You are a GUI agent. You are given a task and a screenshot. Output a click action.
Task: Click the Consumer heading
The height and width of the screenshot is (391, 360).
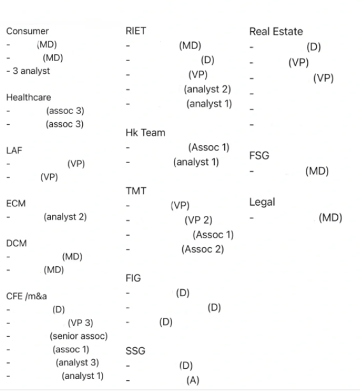pos(27,31)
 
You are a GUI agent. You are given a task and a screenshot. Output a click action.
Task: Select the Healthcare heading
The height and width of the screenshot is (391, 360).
pos(29,97)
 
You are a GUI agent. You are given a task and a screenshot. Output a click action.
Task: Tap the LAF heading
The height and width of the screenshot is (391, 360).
pos(14,150)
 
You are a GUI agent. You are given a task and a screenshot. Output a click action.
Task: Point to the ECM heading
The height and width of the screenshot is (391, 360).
pos(16,203)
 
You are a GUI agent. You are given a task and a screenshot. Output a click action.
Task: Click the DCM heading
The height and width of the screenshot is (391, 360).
pos(16,243)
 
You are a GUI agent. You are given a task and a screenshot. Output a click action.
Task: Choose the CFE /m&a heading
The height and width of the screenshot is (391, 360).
pos(27,296)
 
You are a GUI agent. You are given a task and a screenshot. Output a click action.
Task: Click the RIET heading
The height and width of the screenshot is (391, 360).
pos(136,31)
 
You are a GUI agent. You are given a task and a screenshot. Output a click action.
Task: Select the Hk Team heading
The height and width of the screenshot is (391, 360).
pos(145,132)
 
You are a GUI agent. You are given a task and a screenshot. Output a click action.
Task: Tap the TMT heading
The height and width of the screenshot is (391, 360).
pos(136,191)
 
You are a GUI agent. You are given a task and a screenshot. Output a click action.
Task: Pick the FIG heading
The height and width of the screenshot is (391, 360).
pos(133,278)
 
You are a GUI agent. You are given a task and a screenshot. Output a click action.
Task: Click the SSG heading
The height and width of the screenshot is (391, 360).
pos(135,351)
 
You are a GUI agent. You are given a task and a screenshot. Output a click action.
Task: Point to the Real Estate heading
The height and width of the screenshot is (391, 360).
pos(276,31)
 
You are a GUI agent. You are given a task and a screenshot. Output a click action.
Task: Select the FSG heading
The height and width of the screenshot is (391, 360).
pos(259,155)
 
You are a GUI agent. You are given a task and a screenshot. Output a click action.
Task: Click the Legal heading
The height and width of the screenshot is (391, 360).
pos(262,203)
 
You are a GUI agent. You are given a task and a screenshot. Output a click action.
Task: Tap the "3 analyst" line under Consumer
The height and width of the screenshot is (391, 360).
pos(31,71)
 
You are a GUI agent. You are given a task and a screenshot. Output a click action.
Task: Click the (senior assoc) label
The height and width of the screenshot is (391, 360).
pos(78,336)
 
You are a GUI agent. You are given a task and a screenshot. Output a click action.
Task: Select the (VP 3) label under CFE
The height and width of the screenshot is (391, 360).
pos(80,323)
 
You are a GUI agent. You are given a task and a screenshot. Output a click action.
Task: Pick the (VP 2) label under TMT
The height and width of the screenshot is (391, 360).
pos(198,220)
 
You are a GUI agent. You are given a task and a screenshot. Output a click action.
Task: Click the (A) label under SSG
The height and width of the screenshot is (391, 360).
pos(193,380)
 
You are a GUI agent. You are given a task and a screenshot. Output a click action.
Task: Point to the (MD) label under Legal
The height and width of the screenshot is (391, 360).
pos(330,218)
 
